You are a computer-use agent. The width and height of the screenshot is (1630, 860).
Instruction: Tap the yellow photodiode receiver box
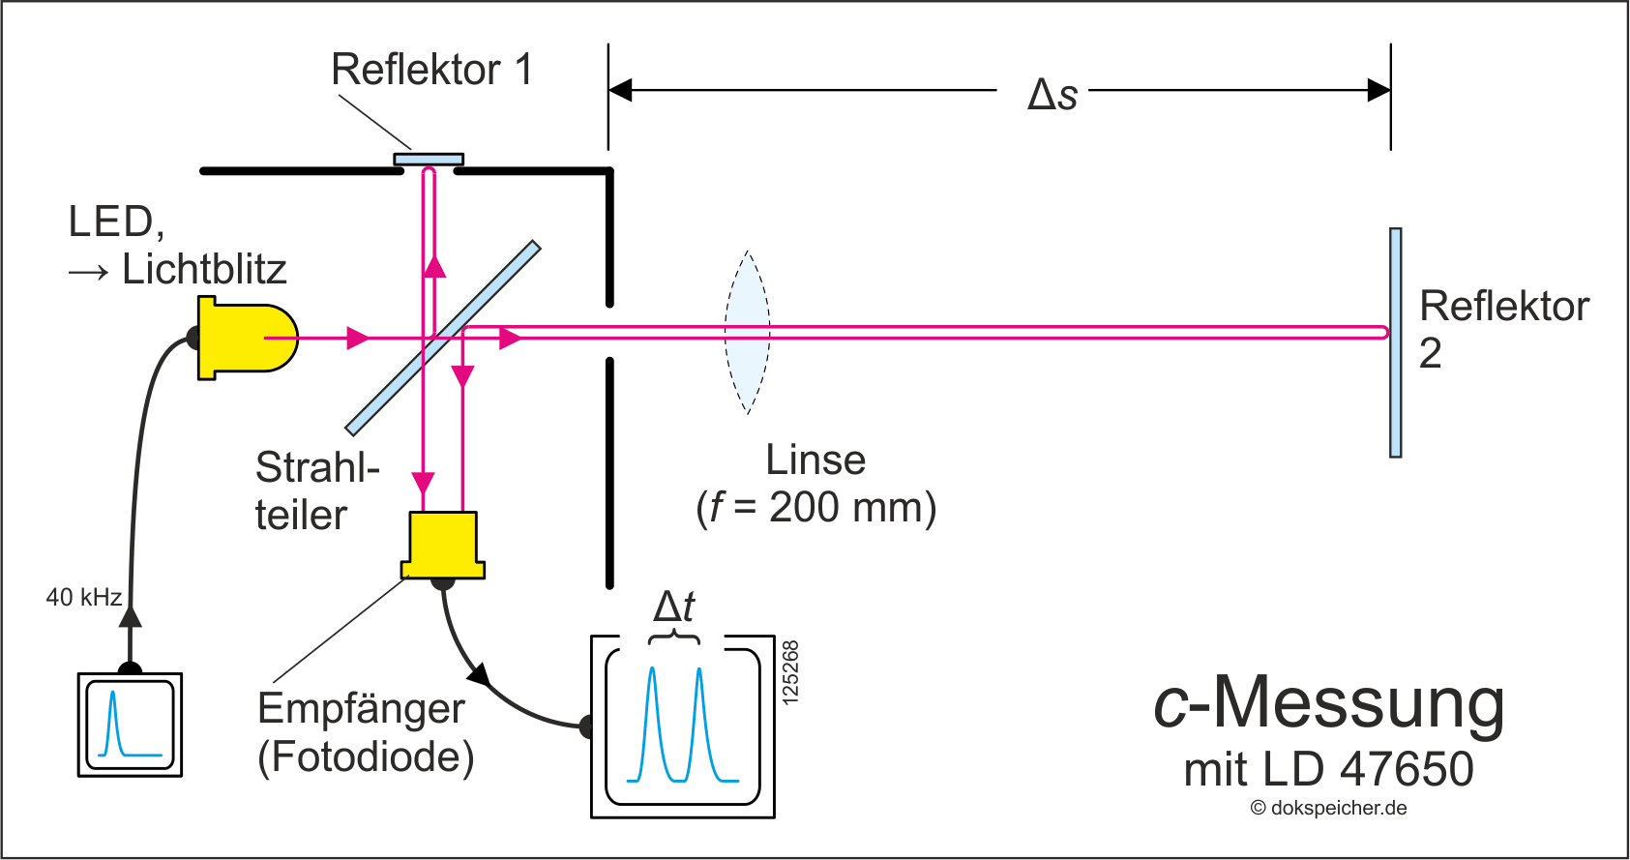click(443, 545)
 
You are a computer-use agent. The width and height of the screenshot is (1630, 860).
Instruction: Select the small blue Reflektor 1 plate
click(429, 160)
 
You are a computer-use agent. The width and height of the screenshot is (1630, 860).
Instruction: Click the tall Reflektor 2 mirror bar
click(1395, 342)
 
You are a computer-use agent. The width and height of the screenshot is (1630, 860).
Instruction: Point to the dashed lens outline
click(748, 332)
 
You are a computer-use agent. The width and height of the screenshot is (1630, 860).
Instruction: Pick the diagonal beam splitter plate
click(443, 338)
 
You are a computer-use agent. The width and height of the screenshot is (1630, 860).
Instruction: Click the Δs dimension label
click(1052, 95)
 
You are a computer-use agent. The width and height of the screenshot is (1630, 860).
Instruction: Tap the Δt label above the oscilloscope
click(674, 608)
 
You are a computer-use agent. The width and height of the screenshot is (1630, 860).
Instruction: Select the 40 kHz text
click(83, 597)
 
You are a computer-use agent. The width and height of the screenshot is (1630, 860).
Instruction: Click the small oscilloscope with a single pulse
click(130, 725)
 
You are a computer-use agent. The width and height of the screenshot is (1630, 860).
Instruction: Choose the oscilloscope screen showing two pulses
click(683, 727)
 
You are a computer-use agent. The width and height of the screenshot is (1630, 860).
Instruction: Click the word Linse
click(815, 460)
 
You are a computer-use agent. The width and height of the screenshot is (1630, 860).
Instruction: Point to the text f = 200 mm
click(816, 508)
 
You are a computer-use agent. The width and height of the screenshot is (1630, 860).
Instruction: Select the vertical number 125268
click(790, 673)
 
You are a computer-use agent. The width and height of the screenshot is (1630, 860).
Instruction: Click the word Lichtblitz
click(204, 269)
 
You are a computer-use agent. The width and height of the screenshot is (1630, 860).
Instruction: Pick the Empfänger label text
click(361, 709)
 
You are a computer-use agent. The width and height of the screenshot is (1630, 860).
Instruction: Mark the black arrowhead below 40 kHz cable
click(131, 615)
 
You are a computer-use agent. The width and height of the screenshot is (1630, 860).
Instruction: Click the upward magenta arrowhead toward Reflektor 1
click(434, 266)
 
